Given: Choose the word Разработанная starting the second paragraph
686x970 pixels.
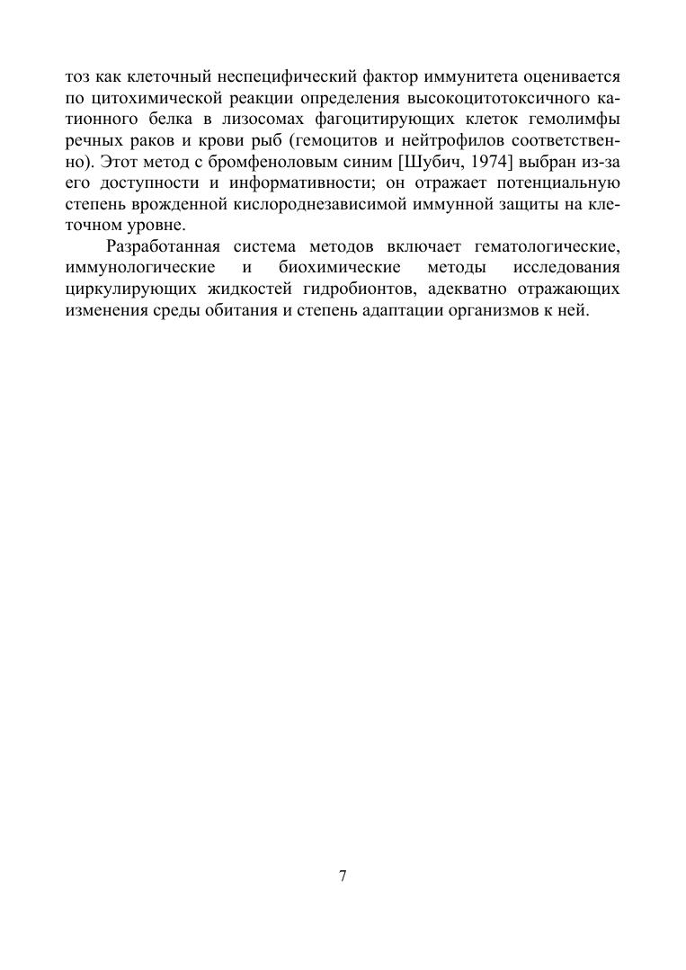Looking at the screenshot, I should [x=163, y=247].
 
